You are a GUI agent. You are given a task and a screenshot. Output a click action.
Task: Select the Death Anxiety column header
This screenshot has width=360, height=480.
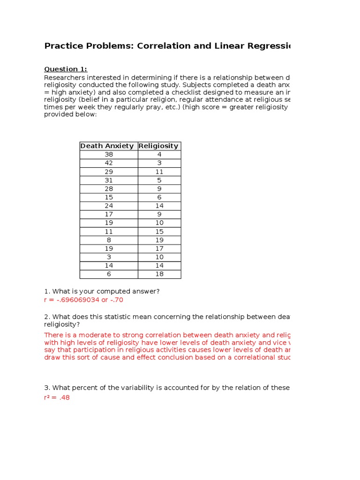[109, 146]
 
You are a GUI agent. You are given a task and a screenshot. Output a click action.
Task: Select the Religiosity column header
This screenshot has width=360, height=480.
[159, 146]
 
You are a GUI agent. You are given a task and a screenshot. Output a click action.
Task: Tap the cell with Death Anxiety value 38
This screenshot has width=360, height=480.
[109, 154]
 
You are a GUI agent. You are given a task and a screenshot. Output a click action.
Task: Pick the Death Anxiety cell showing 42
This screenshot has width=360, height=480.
[109, 163]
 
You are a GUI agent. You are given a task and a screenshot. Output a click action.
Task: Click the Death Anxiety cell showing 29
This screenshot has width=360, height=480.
[109, 172]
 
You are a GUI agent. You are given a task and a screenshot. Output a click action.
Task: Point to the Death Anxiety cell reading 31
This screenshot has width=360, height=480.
[109, 180]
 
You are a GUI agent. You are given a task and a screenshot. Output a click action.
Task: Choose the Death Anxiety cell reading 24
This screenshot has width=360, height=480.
[109, 206]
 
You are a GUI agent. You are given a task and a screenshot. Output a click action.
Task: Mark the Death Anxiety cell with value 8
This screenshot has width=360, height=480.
[109, 240]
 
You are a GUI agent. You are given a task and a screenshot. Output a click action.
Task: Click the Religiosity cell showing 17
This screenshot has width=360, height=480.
[159, 248]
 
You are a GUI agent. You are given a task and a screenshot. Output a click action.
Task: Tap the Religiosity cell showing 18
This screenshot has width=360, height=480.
[159, 274]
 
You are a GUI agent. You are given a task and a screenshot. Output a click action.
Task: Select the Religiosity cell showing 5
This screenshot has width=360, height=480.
[159, 180]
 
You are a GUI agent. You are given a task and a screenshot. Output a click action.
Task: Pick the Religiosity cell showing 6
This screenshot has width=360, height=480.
[159, 197]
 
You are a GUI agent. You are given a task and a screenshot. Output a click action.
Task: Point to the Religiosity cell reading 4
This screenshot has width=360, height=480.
[159, 154]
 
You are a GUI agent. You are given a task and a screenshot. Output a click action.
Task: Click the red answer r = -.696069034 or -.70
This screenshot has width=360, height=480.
[83, 300]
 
